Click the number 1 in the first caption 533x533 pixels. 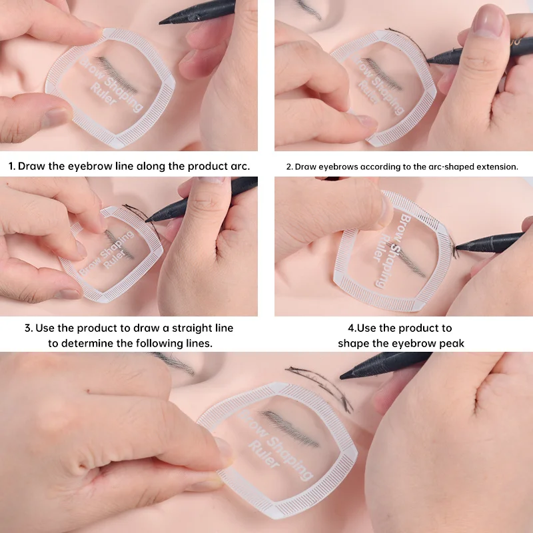pos(12,166)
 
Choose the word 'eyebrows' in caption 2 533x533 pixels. pos(337,167)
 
